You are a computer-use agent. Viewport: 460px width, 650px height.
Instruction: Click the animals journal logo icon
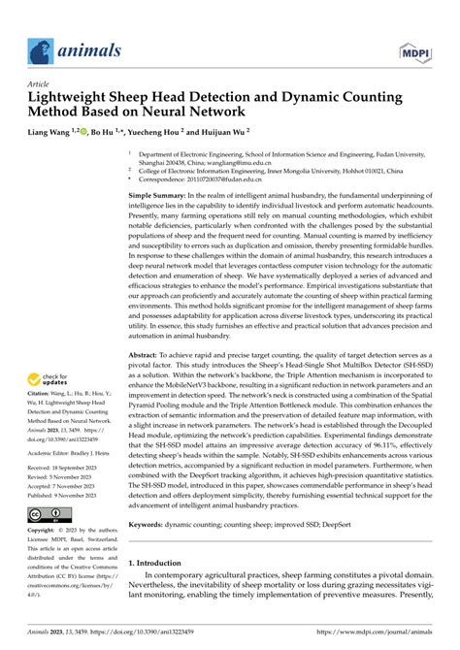(39, 49)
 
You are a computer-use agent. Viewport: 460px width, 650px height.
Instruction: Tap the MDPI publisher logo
(420, 49)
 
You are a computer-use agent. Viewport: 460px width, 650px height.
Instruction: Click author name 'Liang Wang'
(49, 129)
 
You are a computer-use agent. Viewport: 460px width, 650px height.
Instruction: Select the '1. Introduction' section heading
(163, 562)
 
